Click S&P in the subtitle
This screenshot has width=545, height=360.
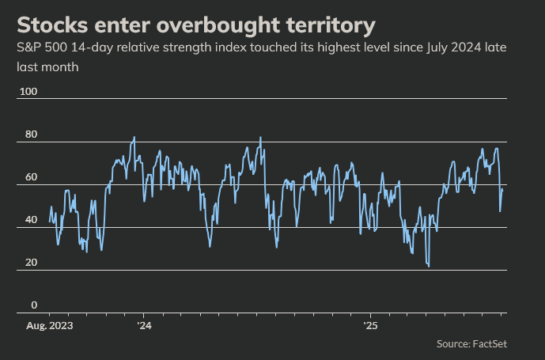coord(29,48)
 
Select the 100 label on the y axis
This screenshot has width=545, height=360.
coord(28,92)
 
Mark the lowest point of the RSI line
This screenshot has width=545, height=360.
coord(429,267)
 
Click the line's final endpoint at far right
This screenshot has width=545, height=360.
coord(503,189)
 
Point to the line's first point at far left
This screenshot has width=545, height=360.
coord(49,222)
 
